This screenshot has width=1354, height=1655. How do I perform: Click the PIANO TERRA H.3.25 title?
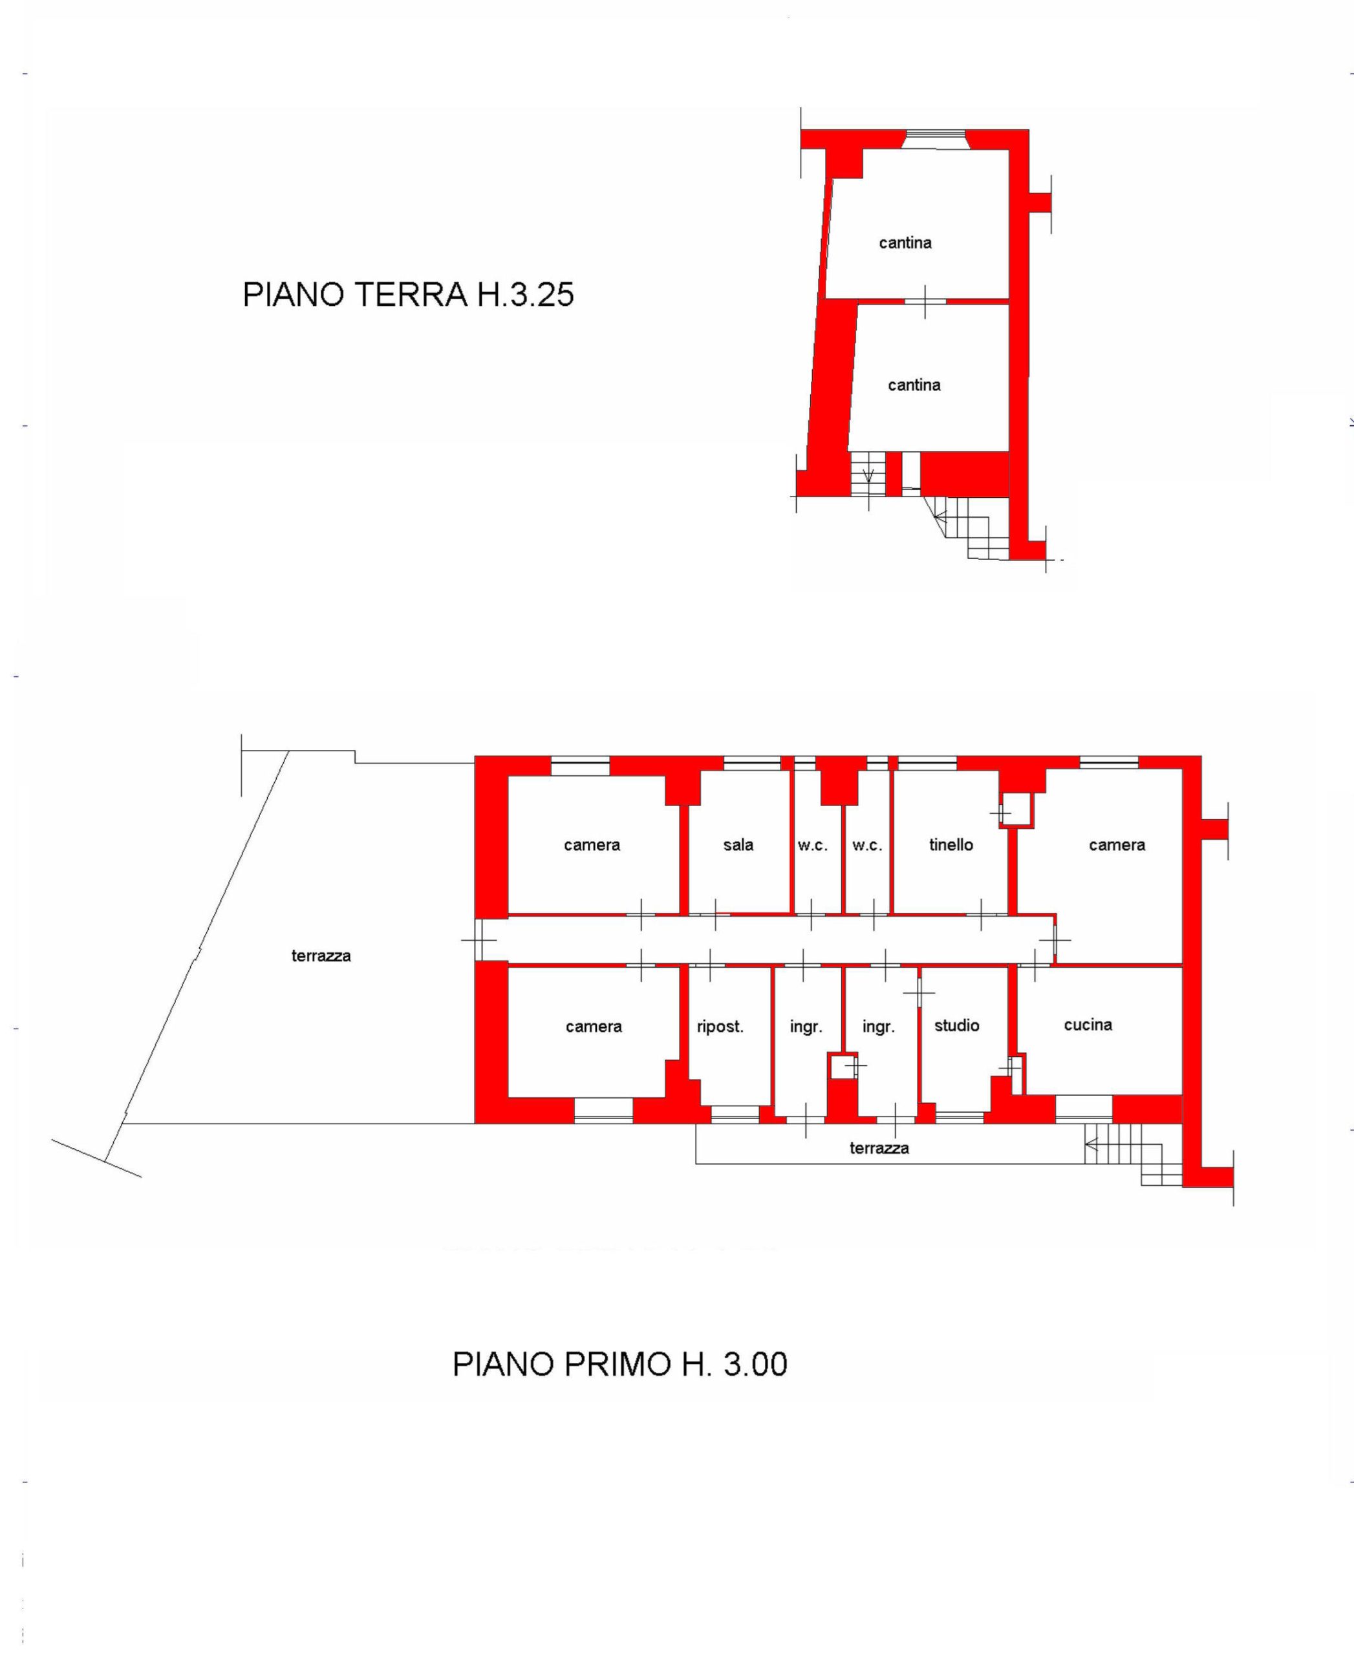408,295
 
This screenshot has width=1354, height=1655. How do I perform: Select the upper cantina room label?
905,242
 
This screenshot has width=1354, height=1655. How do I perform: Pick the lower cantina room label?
914,385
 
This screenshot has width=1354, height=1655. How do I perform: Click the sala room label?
738,845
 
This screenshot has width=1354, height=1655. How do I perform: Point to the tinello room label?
951,845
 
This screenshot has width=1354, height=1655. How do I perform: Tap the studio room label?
956,1025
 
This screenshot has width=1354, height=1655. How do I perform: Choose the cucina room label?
1088,1025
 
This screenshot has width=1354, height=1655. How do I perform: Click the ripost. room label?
720,1027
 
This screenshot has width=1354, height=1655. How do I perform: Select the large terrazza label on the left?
321,956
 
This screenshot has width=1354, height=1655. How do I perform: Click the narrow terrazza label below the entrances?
879,1148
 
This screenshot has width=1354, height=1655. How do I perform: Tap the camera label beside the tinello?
1117,845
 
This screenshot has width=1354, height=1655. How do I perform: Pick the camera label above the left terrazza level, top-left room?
592,845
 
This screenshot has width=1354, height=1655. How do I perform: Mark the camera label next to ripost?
594,1027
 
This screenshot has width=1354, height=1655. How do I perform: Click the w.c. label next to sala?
813,845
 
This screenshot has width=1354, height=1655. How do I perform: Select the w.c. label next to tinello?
867,845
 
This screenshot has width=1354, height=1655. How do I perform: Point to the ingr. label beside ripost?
806,1027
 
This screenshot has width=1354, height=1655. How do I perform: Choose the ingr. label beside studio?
878,1027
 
